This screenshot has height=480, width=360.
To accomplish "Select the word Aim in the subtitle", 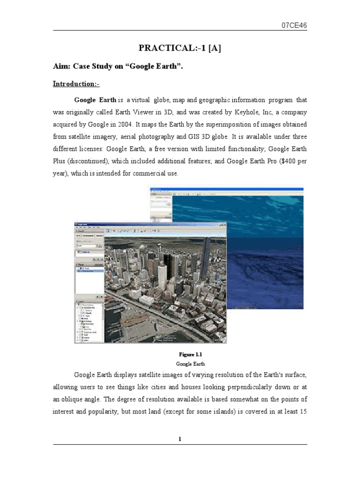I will pyautogui.click(x=61, y=67).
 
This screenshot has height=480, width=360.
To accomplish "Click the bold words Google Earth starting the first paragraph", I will pyautogui.click(x=95, y=100).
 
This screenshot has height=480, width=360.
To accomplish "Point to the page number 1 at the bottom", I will pyautogui.click(x=180, y=439).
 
